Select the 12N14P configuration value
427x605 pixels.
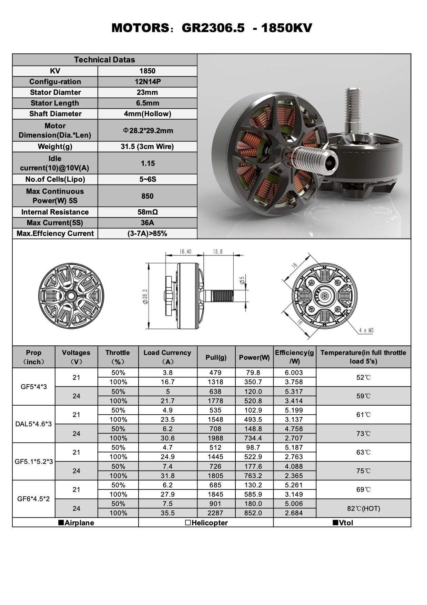coord(148,82)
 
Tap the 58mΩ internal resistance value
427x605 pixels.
coord(148,212)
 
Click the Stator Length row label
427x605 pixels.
coord(55,103)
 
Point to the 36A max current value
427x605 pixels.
coord(148,223)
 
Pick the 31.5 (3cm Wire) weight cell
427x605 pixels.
coord(148,147)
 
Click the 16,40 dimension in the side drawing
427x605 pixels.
coord(185,252)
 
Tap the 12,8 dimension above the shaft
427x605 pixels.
coord(218,252)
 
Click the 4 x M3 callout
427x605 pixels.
coord(366,330)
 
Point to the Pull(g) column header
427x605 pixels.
coord(216,357)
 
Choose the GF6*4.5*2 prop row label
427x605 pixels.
coord(33,499)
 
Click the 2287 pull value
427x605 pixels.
coord(215,513)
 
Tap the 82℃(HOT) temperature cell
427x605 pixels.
coord(363,508)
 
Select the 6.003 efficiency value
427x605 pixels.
coord(294,373)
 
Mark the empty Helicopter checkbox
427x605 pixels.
coord(188,523)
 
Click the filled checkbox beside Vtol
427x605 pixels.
coord(335,523)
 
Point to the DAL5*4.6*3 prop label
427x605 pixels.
coord(33,424)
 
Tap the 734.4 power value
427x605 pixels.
coord(253,438)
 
